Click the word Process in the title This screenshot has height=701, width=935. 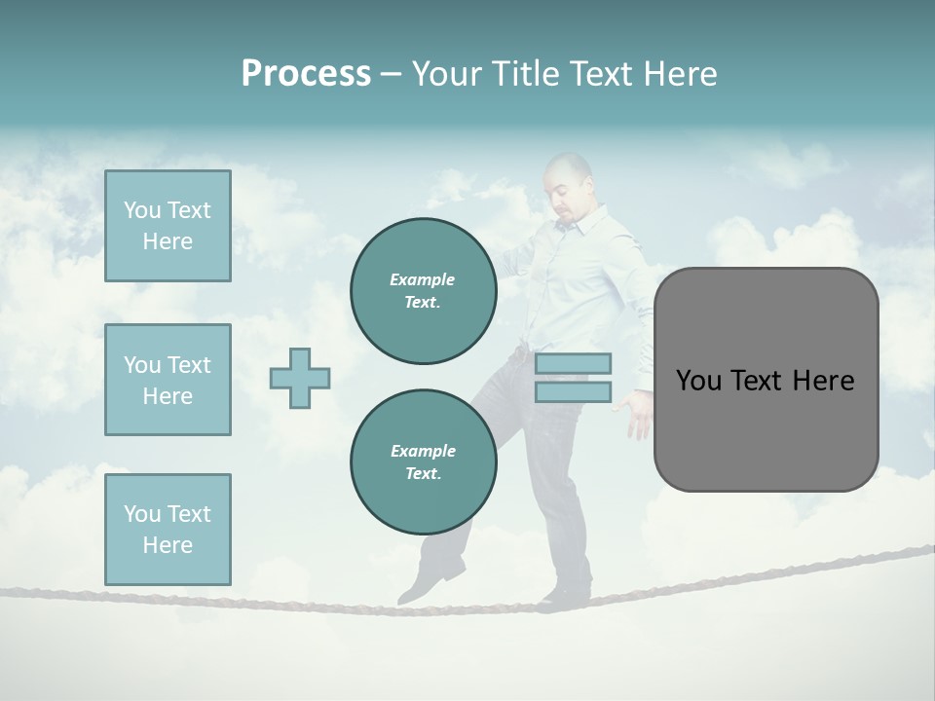(306, 74)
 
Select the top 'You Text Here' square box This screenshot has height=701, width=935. (168, 226)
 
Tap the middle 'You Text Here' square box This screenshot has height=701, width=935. (168, 380)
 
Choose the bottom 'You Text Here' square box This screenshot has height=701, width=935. (168, 529)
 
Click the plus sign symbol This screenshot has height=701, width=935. (300, 378)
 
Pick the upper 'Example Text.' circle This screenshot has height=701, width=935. (423, 291)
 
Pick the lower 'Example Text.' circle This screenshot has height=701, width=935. (423, 462)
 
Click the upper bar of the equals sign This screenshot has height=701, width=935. (573, 363)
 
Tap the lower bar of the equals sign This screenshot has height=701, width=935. (573, 391)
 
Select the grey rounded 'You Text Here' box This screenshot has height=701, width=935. (766, 380)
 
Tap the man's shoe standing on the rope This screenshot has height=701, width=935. (567, 591)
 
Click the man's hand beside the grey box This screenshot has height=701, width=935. (639, 414)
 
